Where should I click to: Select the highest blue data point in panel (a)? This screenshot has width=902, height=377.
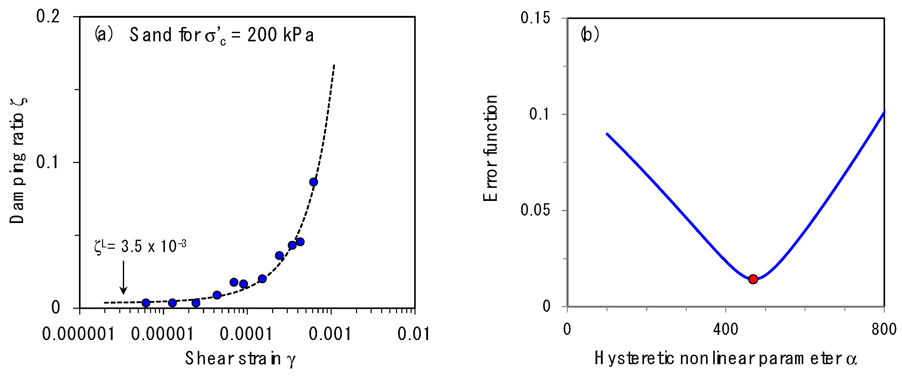(313, 182)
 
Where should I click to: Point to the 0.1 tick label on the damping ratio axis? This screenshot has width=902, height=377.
(48, 162)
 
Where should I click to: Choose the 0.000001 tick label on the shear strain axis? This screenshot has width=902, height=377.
(78, 334)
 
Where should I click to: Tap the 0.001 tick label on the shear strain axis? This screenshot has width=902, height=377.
(330, 334)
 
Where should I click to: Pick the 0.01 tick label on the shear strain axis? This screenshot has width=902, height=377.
(413, 334)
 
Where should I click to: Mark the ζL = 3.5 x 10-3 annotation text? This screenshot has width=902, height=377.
(140, 247)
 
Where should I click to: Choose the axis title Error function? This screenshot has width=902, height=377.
(490, 148)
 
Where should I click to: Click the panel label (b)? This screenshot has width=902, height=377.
(590, 34)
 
